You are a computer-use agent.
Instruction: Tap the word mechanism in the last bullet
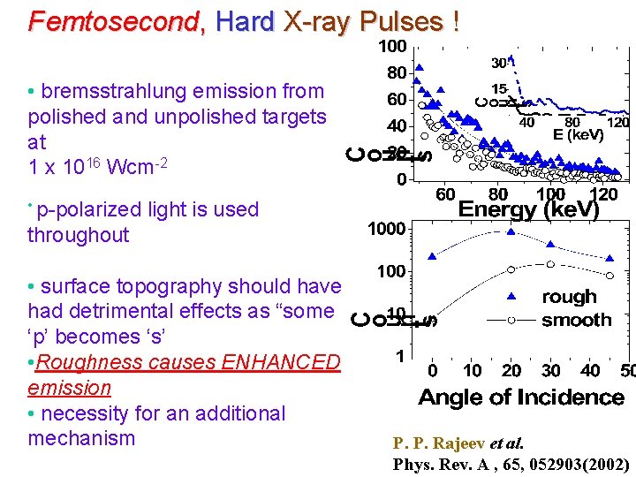click(x=81, y=438)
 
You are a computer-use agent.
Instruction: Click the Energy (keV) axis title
click(x=528, y=211)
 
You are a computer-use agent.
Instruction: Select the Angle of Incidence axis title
click(x=521, y=397)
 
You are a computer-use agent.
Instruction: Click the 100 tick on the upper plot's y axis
click(x=392, y=45)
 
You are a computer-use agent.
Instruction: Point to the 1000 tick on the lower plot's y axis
click(x=387, y=229)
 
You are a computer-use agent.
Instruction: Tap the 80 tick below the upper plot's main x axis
click(x=498, y=193)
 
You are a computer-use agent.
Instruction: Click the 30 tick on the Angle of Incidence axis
click(x=550, y=370)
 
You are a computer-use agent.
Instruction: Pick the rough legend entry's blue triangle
click(x=511, y=297)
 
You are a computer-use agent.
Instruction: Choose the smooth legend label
click(x=576, y=319)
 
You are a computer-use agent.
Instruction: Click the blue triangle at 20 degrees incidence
click(x=511, y=231)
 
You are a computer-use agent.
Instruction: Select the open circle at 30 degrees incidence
click(x=550, y=263)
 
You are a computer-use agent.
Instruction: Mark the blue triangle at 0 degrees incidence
click(x=432, y=256)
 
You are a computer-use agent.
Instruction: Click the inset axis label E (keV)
click(x=578, y=135)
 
